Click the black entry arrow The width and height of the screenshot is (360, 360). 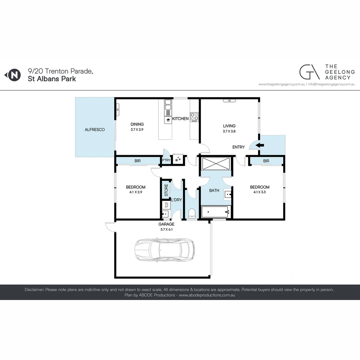coord(260,145)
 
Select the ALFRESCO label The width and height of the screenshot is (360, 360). coord(95,130)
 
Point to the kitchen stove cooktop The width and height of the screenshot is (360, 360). coord(194,117)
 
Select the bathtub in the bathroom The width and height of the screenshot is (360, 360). coord(215,211)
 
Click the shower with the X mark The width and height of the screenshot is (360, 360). coord(216,164)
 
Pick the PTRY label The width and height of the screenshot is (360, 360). coord(166,160)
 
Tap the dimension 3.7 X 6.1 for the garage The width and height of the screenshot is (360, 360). coord(166,229)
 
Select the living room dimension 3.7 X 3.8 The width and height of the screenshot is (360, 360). coord(229,131)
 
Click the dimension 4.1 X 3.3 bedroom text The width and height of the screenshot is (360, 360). coord(260,192)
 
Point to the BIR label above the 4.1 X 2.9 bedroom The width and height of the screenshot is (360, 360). coord(137,161)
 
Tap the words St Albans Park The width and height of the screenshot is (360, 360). coord(52,79)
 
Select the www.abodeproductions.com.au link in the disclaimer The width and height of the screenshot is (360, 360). coord(207,295)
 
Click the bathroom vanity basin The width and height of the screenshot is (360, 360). coord(228,194)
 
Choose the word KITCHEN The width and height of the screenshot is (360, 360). coord(180,119)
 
